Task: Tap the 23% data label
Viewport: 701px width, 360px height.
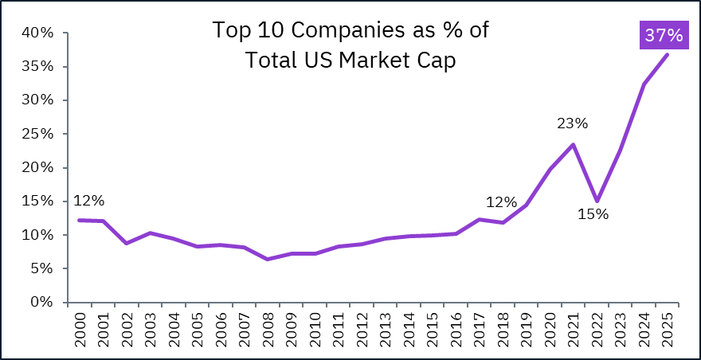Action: click(x=572, y=123)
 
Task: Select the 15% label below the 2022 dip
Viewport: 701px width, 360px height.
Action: click(x=593, y=213)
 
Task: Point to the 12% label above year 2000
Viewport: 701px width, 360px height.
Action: click(x=88, y=201)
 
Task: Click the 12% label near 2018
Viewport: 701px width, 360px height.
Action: click(x=502, y=202)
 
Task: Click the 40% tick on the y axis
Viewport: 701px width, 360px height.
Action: click(x=37, y=33)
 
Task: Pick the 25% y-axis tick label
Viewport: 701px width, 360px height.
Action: click(x=37, y=134)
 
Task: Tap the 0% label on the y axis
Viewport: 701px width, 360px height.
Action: click(x=41, y=303)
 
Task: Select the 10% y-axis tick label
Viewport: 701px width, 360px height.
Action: click(x=37, y=235)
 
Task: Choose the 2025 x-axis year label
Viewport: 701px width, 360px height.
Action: click(x=667, y=330)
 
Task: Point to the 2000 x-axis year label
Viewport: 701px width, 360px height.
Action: click(x=78, y=330)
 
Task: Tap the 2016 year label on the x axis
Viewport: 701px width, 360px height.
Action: click(x=455, y=330)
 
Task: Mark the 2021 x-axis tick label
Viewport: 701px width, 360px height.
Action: click(x=573, y=330)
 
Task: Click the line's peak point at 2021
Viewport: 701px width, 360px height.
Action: click(x=573, y=144)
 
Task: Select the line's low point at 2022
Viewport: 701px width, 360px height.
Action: click(x=597, y=201)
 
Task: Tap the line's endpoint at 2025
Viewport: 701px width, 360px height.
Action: click(x=667, y=54)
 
